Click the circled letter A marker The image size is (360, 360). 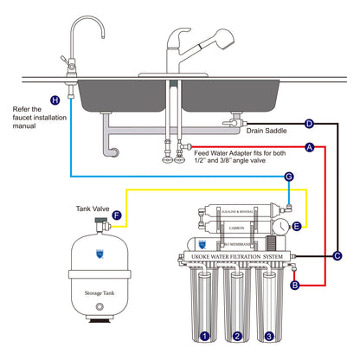tap(309, 148)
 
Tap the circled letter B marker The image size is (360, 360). tap(294, 284)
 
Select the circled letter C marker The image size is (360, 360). tap(337, 255)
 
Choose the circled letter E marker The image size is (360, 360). tap(297, 227)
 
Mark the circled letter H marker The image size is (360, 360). tap(56, 100)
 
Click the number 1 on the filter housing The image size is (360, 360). tap(204, 336)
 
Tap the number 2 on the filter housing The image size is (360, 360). tap(237, 336)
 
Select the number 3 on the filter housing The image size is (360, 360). tap(270, 336)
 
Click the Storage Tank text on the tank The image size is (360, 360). tap(101, 292)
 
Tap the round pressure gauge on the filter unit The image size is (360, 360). tap(281, 226)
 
